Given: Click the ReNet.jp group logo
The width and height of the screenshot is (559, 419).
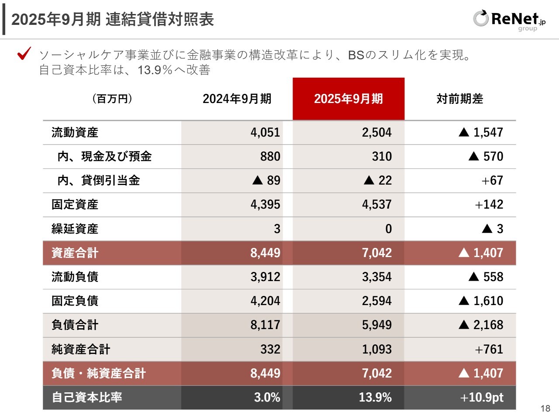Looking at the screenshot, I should tap(509, 20).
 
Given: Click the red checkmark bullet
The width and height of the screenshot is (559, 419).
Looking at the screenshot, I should tap(24, 54).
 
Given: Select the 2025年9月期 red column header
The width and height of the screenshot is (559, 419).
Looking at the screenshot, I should tap(349, 99).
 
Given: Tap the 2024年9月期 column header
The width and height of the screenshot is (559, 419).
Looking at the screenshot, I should tap(237, 99).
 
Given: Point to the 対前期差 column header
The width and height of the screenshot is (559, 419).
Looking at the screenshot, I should tap(460, 99).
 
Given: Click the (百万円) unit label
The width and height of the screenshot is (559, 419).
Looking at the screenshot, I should tap(112, 99).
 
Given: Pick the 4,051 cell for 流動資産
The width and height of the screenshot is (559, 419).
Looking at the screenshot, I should tap(265, 132).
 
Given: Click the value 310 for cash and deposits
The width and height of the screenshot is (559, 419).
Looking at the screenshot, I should tap(382, 156).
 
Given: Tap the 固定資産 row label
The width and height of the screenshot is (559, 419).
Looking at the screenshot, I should tap(75, 204).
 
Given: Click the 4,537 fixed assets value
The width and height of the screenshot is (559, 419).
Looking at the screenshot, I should tap(376, 204).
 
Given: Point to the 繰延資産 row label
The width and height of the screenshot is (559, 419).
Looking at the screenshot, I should tap(75, 229).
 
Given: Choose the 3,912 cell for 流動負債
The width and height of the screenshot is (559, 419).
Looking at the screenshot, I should tap(265, 277).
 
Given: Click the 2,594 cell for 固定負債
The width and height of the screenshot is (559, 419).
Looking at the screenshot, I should tap(376, 301).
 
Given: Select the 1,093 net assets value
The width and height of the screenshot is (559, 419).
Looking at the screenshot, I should tap(376, 349).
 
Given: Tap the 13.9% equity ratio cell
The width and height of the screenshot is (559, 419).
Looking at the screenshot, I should tap(375, 397).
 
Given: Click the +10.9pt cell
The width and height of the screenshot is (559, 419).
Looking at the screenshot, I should tap(482, 397).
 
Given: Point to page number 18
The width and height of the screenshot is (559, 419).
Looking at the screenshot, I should tap(545, 409).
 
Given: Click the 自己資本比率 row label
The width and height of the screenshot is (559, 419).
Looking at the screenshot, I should tap(87, 397).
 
